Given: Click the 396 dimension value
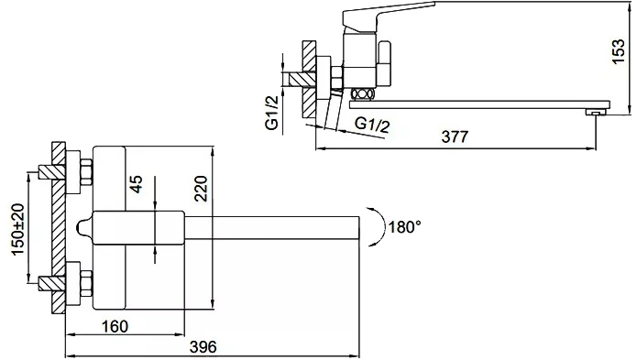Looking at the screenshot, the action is click(x=203, y=346).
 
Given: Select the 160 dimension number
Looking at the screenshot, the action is click(x=115, y=326).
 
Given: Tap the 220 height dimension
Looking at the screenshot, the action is click(x=202, y=189).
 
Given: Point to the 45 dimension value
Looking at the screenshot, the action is click(x=137, y=184).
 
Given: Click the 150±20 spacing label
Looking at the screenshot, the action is click(x=18, y=229).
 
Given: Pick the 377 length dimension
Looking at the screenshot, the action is click(x=455, y=136).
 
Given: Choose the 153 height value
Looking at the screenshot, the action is click(x=619, y=50).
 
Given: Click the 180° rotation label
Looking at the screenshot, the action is click(x=404, y=226).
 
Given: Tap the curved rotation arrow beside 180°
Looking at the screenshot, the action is click(x=379, y=226).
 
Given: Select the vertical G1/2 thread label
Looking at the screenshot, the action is click(x=272, y=113).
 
